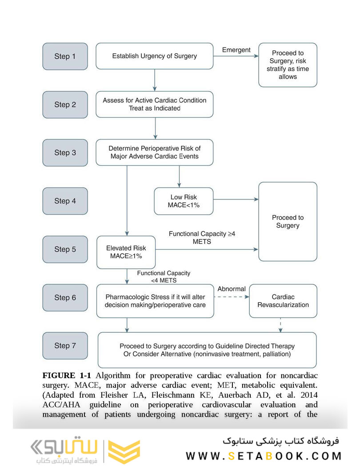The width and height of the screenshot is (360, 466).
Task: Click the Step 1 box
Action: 65,56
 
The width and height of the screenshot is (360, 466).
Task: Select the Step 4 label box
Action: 65,201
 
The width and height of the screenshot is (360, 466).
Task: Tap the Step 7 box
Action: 65,346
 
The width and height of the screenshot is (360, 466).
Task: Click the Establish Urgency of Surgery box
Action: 155,56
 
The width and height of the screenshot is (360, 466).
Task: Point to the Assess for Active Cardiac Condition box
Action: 155,104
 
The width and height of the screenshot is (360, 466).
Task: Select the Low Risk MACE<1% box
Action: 184,201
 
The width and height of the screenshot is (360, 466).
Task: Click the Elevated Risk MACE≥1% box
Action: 126,252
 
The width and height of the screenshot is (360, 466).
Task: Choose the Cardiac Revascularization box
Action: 283,301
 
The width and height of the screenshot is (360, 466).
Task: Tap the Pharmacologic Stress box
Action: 155,301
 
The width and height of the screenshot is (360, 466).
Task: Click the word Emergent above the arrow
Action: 236,50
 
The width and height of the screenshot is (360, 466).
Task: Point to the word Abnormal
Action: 232,289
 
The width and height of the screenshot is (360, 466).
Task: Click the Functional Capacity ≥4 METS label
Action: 202,238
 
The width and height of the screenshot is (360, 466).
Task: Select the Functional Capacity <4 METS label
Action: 164,277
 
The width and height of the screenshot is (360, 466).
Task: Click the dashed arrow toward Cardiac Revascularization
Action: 232,297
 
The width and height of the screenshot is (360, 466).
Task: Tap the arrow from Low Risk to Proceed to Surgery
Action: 236,199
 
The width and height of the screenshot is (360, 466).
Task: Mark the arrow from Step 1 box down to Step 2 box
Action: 155,80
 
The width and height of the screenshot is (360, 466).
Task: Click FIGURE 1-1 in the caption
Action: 67,376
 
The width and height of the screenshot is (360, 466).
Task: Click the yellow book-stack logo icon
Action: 124,451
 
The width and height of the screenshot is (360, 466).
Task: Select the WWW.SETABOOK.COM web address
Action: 264,456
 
